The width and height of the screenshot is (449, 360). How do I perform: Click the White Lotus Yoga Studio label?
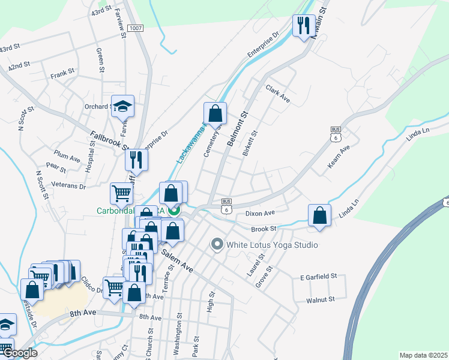(x=271, y=245)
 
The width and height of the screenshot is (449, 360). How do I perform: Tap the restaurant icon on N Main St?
(x=303, y=25)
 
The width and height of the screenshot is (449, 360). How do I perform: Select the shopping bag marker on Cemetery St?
(x=215, y=113)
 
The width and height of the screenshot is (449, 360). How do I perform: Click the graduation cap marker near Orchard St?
(x=122, y=107)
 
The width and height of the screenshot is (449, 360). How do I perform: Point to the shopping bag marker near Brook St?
(x=320, y=215)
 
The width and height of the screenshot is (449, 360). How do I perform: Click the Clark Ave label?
(x=279, y=94)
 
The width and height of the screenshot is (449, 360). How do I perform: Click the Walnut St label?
(x=319, y=299)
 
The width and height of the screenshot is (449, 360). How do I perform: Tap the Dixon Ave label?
(x=260, y=213)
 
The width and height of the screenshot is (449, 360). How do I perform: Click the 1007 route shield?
(x=134, y=28)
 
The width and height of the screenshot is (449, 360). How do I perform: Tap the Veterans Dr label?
(x=68, y=185)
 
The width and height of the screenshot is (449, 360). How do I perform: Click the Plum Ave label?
(x=67, y=158)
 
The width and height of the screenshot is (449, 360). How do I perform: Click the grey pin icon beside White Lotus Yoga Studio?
(x=217, y=244)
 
